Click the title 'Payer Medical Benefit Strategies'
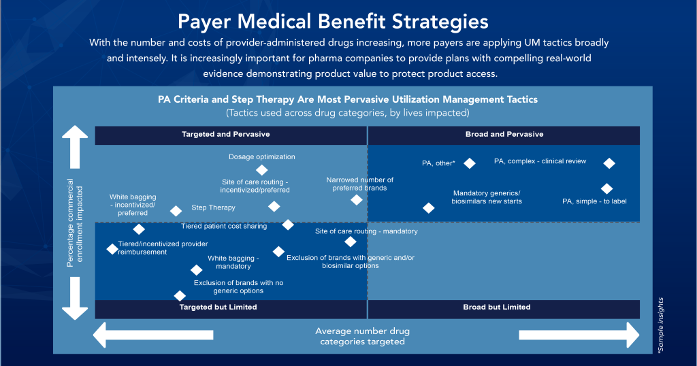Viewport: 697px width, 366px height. (x=333, y=20)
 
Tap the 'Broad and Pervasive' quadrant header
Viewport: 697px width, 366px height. (x=504, y=135)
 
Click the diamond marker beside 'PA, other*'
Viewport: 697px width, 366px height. (x=469, y=163)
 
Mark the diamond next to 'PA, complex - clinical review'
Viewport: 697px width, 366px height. (x=609, y=163)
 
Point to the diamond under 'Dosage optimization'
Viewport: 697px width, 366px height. (x=261, y=170)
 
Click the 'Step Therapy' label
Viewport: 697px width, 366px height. (x=213, y=207)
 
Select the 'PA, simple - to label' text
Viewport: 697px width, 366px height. (x=594, y=201)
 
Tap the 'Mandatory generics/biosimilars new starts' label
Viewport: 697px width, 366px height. (x=486, y=197)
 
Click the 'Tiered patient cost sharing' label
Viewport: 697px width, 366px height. (x=224, y=226)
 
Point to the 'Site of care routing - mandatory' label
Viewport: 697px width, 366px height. (x=366, y=231)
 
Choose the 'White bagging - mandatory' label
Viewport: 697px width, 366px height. (x=233, y=263)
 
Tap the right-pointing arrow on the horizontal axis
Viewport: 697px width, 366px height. (x=579, y=335)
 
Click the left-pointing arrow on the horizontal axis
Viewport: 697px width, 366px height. (x=154, y=335)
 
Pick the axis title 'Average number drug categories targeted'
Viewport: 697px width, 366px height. (x=362, y=336)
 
